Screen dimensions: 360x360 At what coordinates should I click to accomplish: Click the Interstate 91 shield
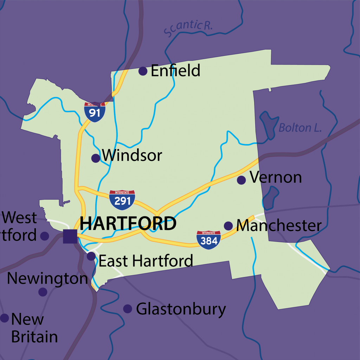pos(95,112)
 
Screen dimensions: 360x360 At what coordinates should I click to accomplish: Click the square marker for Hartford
pos(70,236)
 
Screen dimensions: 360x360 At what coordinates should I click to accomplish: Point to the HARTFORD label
pos(128,224)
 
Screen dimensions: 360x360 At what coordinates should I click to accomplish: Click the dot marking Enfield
pos(143,71)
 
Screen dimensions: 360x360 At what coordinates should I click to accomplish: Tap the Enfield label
pos(175,71)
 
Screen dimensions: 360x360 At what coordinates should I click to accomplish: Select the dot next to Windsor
pos(96,158)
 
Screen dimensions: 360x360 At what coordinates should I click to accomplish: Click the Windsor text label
pos(132,155)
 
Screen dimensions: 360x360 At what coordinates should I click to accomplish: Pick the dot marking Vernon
pos(241,180)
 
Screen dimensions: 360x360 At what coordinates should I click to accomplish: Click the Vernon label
pos(276,178)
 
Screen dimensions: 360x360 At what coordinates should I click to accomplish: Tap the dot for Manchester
pos(228,226)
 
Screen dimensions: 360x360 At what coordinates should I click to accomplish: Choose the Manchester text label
pos(279,226)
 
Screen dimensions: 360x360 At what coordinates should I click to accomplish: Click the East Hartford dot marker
pos(91,256)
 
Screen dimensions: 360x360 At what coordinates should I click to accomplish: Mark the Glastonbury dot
pos(128,309)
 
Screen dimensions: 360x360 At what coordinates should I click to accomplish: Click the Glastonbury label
pos(181,309)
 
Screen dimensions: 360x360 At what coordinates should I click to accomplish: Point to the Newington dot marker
pos(43,292)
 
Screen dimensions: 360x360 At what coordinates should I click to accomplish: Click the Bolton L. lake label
pos(300,128)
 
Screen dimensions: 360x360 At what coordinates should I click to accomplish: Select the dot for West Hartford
pos(45,236)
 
